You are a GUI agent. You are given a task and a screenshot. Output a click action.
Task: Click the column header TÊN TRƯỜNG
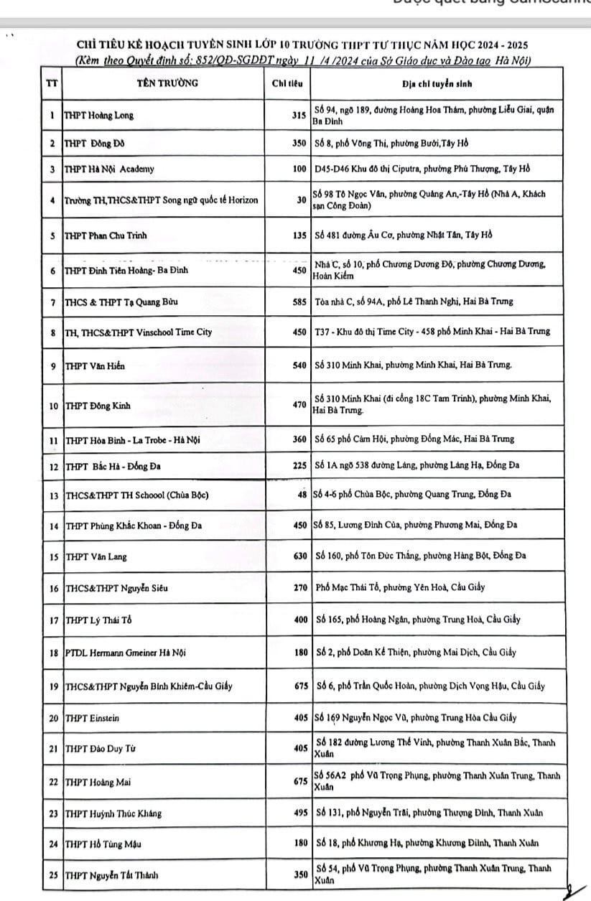pos(167,83)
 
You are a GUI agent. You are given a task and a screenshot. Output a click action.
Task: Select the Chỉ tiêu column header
pos(288,83)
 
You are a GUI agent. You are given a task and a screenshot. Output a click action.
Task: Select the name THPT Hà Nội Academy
pos(109,170)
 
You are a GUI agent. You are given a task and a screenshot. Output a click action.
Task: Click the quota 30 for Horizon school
pos(302,200)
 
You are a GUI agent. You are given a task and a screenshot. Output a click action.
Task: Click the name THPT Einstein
pos(92,718)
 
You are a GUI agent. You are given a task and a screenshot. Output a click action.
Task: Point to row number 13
pos(53,495)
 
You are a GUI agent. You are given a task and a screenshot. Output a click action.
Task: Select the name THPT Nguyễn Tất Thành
pos(112,875)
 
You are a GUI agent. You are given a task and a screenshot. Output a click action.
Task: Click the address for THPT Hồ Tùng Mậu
pos(428,844)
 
